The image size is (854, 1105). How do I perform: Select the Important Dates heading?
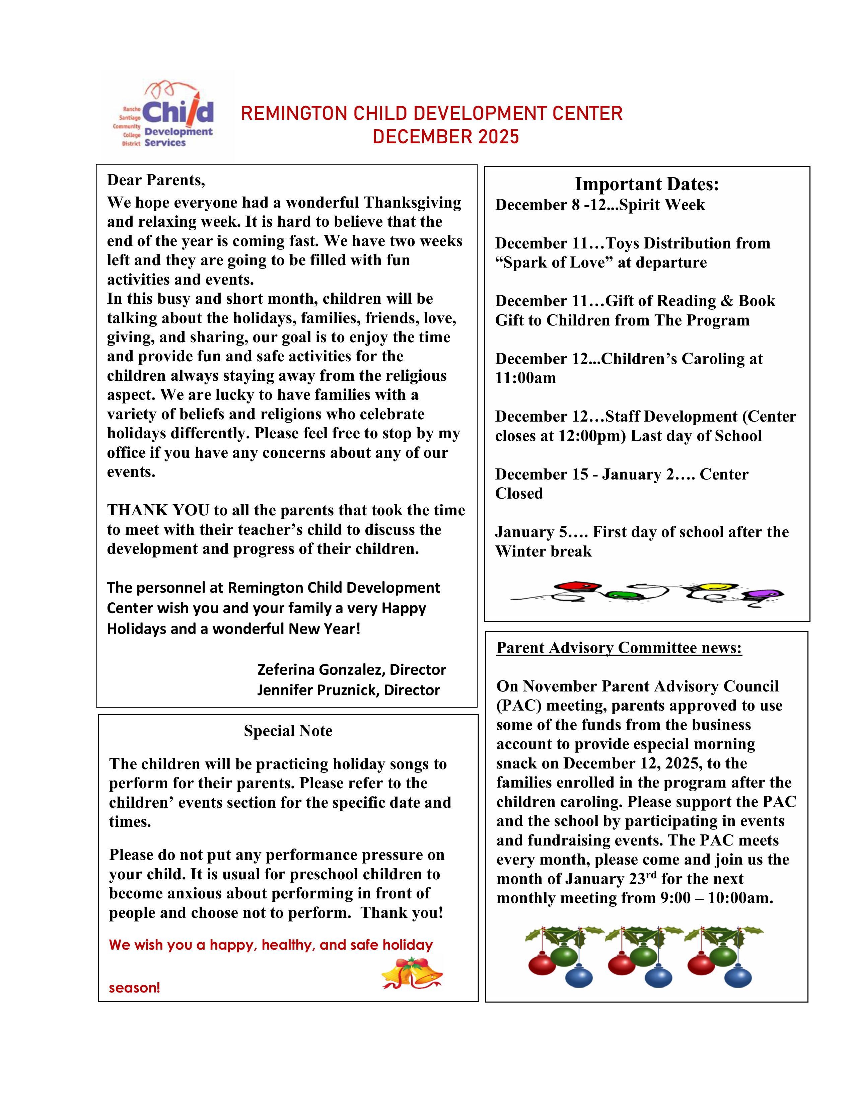647,184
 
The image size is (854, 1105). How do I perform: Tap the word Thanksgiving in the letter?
412,202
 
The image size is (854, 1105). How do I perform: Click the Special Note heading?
288,731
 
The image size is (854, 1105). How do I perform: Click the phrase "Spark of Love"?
554,263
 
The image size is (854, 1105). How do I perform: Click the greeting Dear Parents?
156,180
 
